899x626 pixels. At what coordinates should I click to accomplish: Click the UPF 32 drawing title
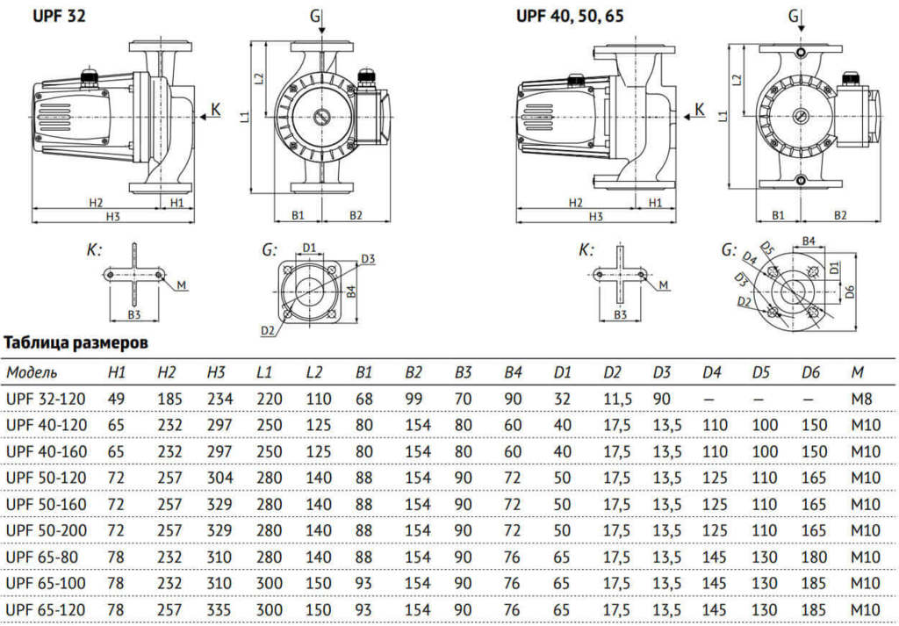click(x=60, y=16)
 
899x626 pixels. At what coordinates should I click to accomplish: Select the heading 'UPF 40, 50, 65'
click(x=570, y=16)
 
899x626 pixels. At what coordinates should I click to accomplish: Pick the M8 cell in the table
click(x=858, y=399)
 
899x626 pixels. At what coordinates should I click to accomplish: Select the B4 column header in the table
click(x=514, y=373)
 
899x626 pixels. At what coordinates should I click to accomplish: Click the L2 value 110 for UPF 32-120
click(x=319, y=399)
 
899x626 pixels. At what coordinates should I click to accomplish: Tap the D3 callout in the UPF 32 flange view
click(x=368, y=258)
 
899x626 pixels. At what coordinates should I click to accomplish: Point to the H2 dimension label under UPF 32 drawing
click(x=97, y=202)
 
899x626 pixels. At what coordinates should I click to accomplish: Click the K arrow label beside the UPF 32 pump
click(x=216, y=110)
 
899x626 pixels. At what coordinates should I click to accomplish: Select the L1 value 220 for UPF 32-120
click(x=270, y=399)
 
